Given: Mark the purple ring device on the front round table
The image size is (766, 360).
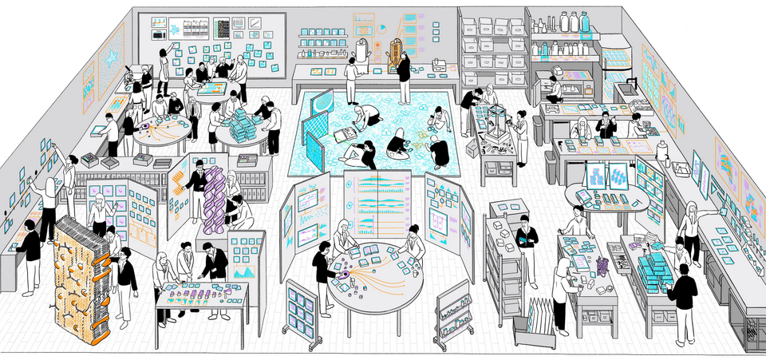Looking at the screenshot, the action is click(x=344, y=275).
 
